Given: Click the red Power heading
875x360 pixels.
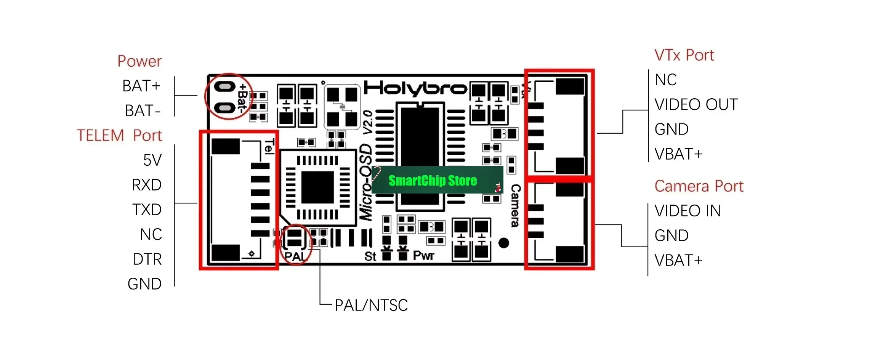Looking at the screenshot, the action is point(139,61).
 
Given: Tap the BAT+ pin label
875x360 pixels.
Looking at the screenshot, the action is point(141,86).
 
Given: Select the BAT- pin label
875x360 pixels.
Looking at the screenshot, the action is point(143,111).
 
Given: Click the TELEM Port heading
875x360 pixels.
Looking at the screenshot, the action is point(119,136).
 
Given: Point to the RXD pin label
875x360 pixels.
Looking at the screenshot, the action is point(147,185).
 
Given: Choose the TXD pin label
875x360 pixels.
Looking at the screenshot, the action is point(147,210).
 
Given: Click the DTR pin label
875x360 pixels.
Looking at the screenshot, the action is point(147,259).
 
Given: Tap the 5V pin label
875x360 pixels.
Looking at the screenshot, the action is point(152,160).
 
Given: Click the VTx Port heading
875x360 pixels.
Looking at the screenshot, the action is point(684,55).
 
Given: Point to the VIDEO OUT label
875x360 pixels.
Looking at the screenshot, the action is point(696,105).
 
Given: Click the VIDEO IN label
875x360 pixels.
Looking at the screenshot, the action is point(688,211).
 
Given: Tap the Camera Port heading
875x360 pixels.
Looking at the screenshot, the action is point(699,186).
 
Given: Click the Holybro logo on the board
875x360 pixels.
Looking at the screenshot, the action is point(416,89).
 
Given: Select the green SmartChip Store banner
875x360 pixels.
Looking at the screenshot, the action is point(437,180).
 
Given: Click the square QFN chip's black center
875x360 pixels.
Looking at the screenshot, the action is point(317,187).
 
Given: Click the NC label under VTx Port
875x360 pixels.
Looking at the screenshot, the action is point(666,80).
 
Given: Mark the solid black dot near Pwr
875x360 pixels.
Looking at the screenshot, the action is point(503,243).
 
